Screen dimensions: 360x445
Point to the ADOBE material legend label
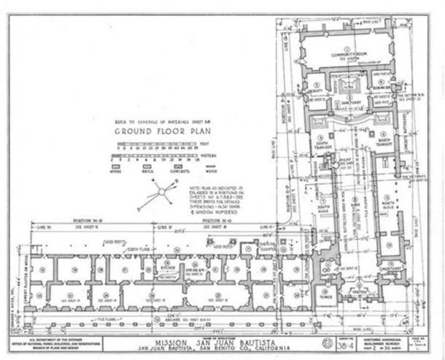point(122,171)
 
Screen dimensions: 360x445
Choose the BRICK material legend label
point(147,171)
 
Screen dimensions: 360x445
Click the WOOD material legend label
point(212,171)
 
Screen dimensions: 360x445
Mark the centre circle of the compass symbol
point(157,194)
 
